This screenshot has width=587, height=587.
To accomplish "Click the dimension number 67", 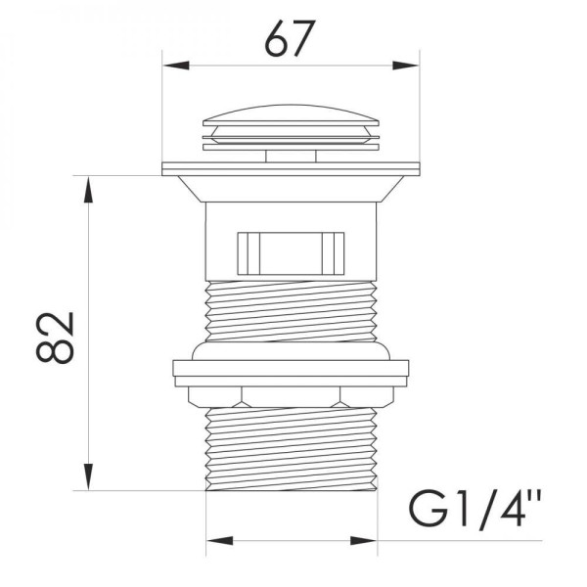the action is [x=290, y=38].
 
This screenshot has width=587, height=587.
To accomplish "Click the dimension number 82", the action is [x=55, y=338].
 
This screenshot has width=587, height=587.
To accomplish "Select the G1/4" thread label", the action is [x=475, y=509].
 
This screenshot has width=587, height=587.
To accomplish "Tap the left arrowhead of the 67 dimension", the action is [x=176, y=66].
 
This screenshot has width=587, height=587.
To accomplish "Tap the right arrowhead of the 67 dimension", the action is [x=405, y=66].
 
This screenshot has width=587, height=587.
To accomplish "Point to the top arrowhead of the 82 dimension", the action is [x=88, y=189].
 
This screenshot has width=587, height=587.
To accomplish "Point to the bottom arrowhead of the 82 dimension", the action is [x=88, y=476].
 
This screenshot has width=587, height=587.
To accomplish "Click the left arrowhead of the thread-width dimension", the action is [x=220, y=541].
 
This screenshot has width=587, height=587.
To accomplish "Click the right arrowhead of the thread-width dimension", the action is [x=364, y=541].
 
